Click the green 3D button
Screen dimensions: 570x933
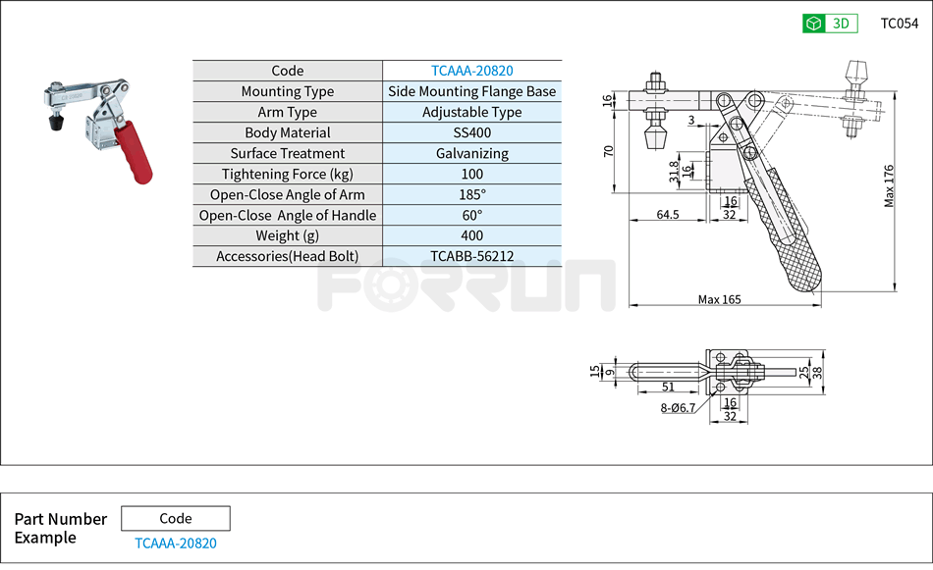click(830, 24)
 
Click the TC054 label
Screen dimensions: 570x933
click(900, 24)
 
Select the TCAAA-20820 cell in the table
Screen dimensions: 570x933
click(471, 71)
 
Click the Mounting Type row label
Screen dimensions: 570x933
click(287, 91)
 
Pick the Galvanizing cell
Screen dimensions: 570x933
click(471, 153)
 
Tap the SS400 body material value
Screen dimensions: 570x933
click(471, 132)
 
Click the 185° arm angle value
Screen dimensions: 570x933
click(471, 194)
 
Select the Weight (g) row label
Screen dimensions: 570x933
click(287, 235)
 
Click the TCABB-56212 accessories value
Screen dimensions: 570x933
click(471, 256)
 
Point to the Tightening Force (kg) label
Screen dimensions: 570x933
click(287, 174)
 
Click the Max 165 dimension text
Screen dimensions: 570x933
click(719, 299)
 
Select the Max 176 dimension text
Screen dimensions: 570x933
click(890, 185)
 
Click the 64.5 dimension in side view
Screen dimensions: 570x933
click(668, 214)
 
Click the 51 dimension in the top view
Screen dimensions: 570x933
click(668, 389)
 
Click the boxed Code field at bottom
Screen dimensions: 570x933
click(175, 518)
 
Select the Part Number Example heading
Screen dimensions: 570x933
click(60, 528)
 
